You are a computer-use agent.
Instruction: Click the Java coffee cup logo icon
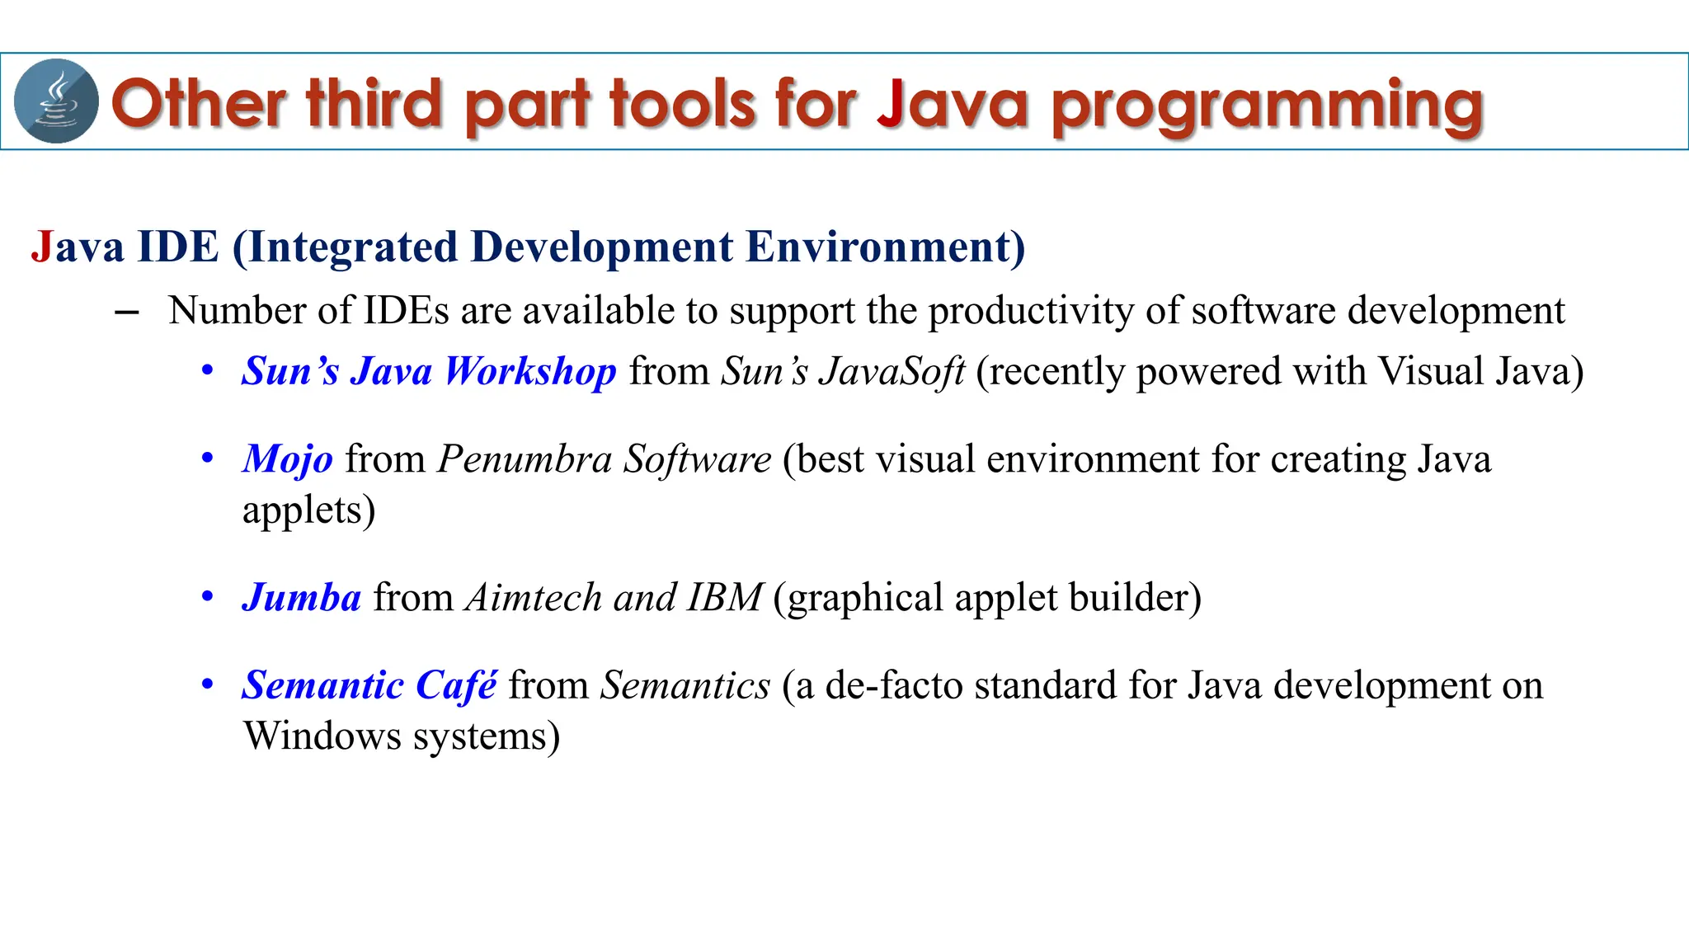(x=56, y=101)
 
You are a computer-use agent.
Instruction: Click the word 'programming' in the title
(x=1267, y=106)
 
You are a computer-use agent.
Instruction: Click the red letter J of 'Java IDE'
(x=41, y=247)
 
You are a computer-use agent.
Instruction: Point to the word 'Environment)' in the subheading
(x=886, y=247)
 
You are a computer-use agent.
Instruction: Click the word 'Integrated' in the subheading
(x=346, y=247)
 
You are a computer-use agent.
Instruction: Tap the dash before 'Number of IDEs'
(x=126, y=312)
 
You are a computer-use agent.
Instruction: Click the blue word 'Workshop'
(x=530, y=371)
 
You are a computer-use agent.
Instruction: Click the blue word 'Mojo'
(x=287, y=459)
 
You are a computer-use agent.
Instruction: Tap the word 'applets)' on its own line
(x=308, y=510)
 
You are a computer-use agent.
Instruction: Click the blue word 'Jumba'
(x=301, y=598)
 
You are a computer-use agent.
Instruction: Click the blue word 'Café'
(x=456, y=685)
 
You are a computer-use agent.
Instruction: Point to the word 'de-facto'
(x=893, y=685)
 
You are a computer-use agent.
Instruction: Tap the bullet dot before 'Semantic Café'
(x=208, y=684)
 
